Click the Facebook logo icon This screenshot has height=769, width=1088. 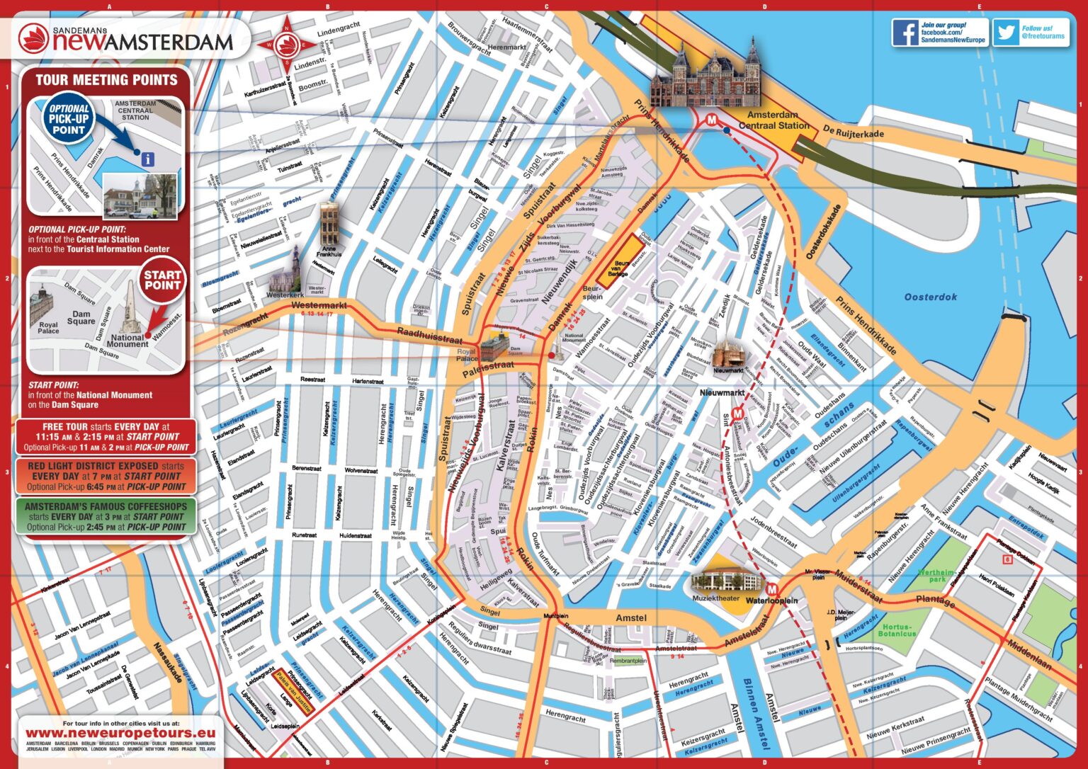(905, 33)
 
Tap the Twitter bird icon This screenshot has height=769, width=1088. (1006, 33)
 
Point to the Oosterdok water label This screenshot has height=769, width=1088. (930, 297)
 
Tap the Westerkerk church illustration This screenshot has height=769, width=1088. (294, 267)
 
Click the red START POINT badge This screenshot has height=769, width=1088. (162, 280)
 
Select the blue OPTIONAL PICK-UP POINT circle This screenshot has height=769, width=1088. (68, 120)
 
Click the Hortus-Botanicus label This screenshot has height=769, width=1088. (898, 630)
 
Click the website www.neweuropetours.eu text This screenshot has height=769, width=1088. (120, 734)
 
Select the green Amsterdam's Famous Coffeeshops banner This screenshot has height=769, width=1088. (106, 516)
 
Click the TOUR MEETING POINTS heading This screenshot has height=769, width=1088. (106, 80)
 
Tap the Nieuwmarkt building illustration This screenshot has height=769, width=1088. (729, 353)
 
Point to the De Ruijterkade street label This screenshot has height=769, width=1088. (853, 133)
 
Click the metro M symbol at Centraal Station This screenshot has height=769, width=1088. (711, 120)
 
